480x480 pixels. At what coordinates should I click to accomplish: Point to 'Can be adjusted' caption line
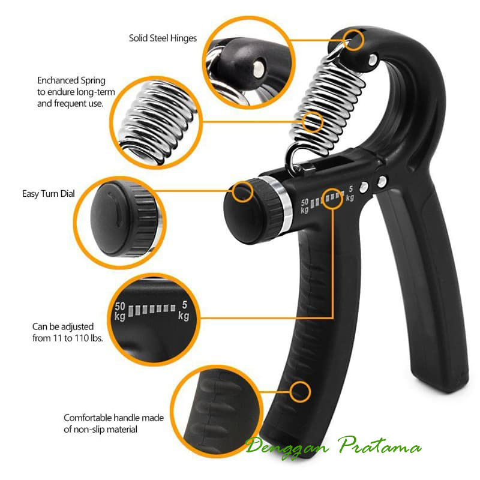click(x=62, y=327)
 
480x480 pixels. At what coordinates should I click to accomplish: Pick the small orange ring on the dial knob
click(x=242, y=193)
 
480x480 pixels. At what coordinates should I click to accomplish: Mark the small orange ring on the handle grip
click(x=300, y=392)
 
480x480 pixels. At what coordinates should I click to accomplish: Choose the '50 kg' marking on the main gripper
click(x=305, y=205)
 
